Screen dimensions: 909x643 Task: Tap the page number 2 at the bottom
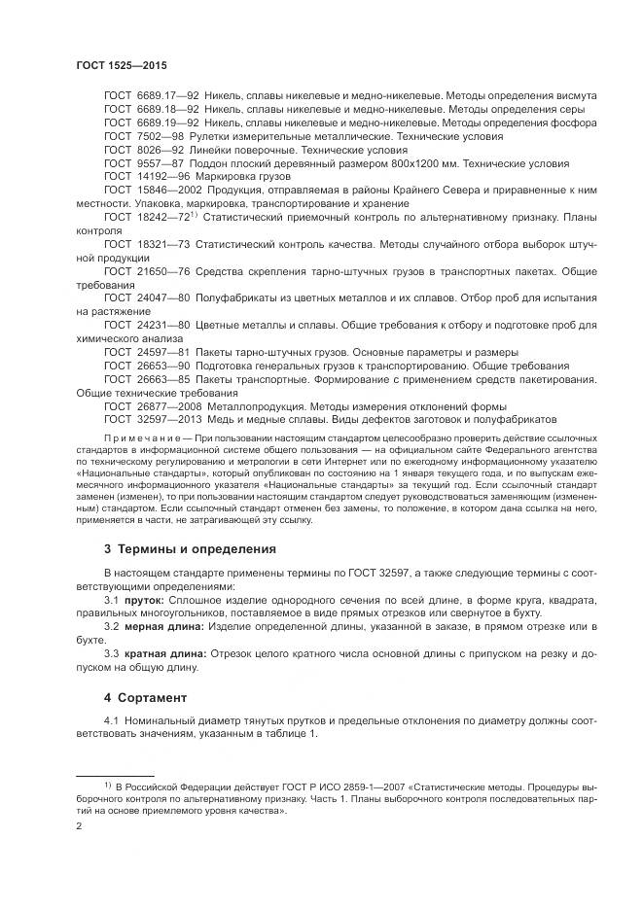tap(79, 825)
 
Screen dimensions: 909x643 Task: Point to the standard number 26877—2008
tap(168, 405)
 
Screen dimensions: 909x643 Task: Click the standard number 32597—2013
tap(168, 419)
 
